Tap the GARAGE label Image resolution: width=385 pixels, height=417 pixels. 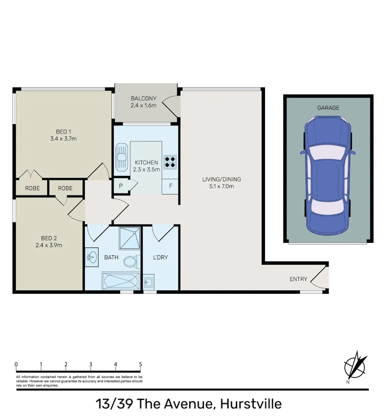(x=328, y=108)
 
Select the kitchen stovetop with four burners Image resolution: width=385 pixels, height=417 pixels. (x=170, y=162)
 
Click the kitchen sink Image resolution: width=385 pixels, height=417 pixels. (x=122, y=157)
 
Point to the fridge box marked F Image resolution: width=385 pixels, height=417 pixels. (x=170, y=186)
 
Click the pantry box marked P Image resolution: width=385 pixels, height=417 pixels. (x=121, y=186)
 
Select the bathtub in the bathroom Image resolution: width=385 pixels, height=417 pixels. (x=120, y=281)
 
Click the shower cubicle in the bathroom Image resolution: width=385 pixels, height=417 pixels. (x=129, y=238)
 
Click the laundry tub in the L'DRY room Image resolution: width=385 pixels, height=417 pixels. (x=149, y=282)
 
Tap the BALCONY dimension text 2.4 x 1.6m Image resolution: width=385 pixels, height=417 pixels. (x=144, y=105)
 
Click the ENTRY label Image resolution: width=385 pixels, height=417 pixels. (x=298, y=279)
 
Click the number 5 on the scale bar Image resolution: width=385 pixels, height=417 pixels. (x=140, y=364)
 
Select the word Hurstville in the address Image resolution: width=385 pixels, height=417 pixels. (x=251, y=404)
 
